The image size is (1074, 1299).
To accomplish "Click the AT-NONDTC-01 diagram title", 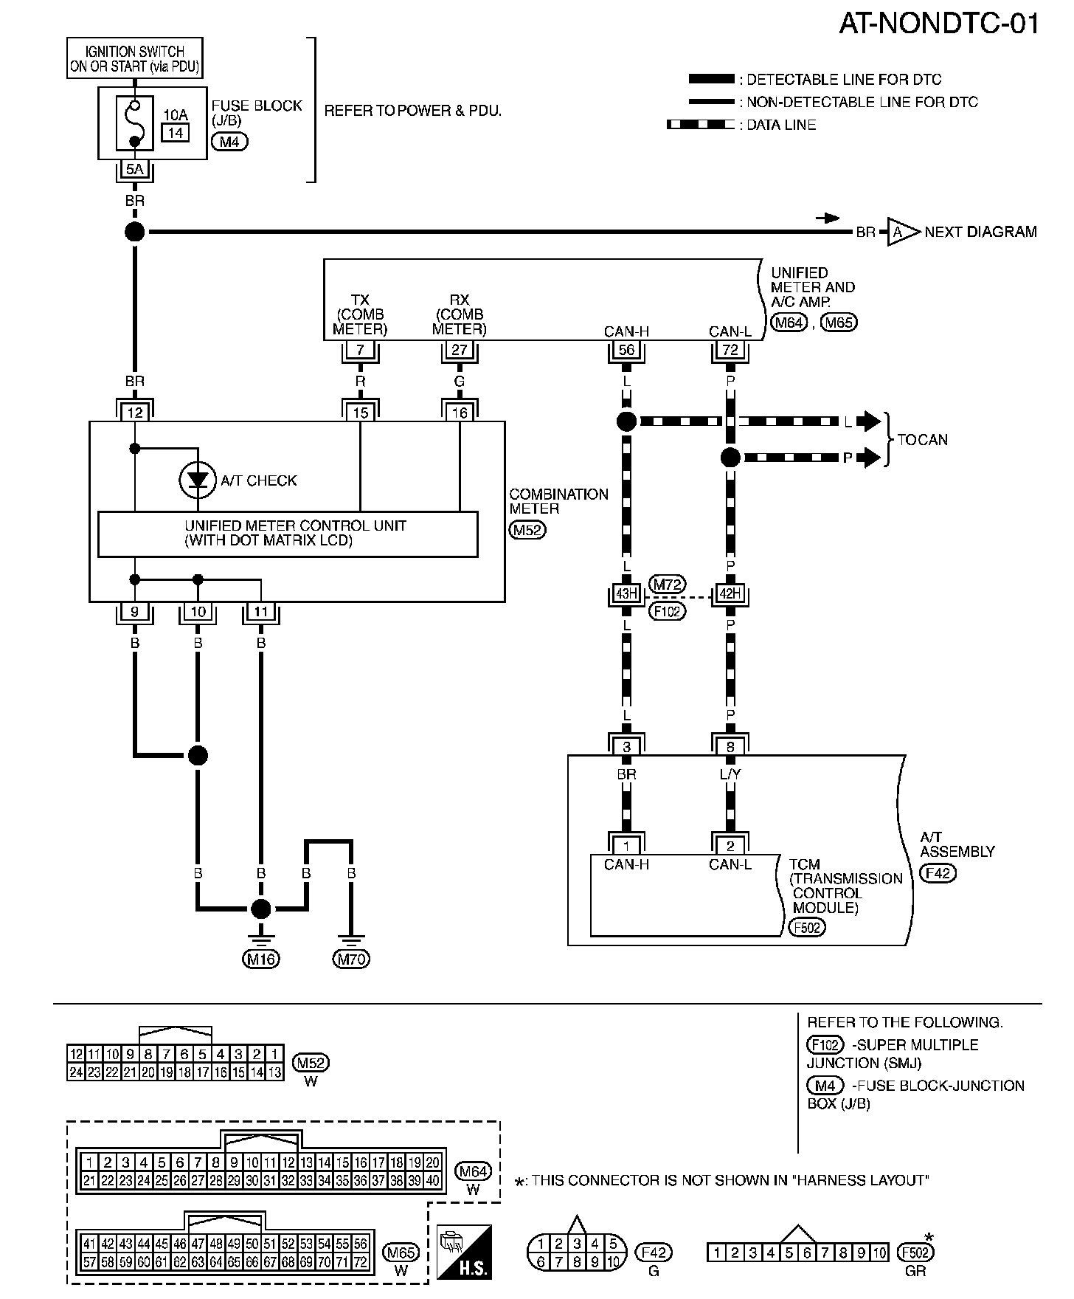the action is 939,24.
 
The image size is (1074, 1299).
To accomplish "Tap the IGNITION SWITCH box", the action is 135,59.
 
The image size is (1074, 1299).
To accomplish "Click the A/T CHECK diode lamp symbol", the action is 197,480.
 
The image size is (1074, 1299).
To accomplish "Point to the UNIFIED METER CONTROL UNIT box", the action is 288,534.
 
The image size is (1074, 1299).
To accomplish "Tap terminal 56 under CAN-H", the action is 626,350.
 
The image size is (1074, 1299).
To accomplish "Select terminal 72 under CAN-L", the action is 730,350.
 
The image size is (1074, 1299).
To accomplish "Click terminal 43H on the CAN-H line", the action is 626,593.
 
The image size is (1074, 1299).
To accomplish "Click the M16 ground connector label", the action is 260,959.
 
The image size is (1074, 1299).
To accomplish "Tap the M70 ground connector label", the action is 352,959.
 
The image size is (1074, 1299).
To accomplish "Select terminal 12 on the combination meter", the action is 135,412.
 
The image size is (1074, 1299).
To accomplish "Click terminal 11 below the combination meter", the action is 261,611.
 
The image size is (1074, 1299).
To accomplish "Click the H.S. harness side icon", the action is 464,1252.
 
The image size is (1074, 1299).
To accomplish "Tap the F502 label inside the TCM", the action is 806,927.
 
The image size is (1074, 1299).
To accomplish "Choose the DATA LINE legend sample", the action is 701,125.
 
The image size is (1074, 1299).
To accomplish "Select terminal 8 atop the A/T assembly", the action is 730,746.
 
